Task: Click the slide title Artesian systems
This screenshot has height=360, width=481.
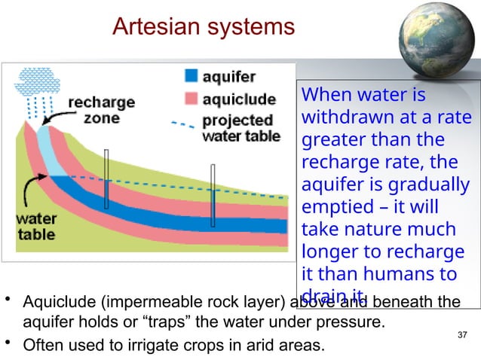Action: [x=203, y=27]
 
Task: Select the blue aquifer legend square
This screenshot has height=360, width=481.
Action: [x=191, y=76]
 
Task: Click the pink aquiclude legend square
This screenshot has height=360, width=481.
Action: [x=191, y=99]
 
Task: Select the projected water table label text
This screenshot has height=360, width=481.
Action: [x=240, y=128]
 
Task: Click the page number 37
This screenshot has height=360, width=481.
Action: [x=463, y=334]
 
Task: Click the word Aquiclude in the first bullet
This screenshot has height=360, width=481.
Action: [x=57, y=303]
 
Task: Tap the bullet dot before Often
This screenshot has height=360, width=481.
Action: [x=8, y=345]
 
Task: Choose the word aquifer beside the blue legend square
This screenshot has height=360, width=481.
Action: [x=229, y=77]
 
